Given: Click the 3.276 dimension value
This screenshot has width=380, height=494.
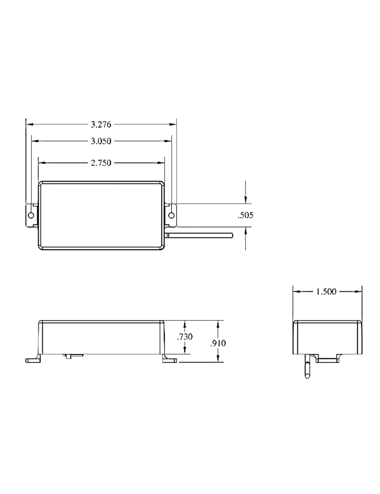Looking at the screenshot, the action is click(101, 124).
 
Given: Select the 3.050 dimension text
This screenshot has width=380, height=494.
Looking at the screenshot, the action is click(101, 141).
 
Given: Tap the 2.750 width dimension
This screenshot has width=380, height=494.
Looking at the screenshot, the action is click(101, 163).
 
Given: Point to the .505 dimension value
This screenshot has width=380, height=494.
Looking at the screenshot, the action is click(245, 215).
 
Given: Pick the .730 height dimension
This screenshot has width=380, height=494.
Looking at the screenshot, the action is click(185, 337).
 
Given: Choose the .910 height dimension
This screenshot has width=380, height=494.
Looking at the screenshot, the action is click(218, 343).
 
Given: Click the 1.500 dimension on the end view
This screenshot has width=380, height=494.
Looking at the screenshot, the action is click(326, 292).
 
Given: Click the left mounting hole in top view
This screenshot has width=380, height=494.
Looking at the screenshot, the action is click(31, 215).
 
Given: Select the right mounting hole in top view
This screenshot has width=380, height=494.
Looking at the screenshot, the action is click(171, 215).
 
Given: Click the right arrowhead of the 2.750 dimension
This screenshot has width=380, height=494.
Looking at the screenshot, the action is click(161, 163).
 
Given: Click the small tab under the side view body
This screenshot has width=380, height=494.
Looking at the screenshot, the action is click(73, 356).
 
